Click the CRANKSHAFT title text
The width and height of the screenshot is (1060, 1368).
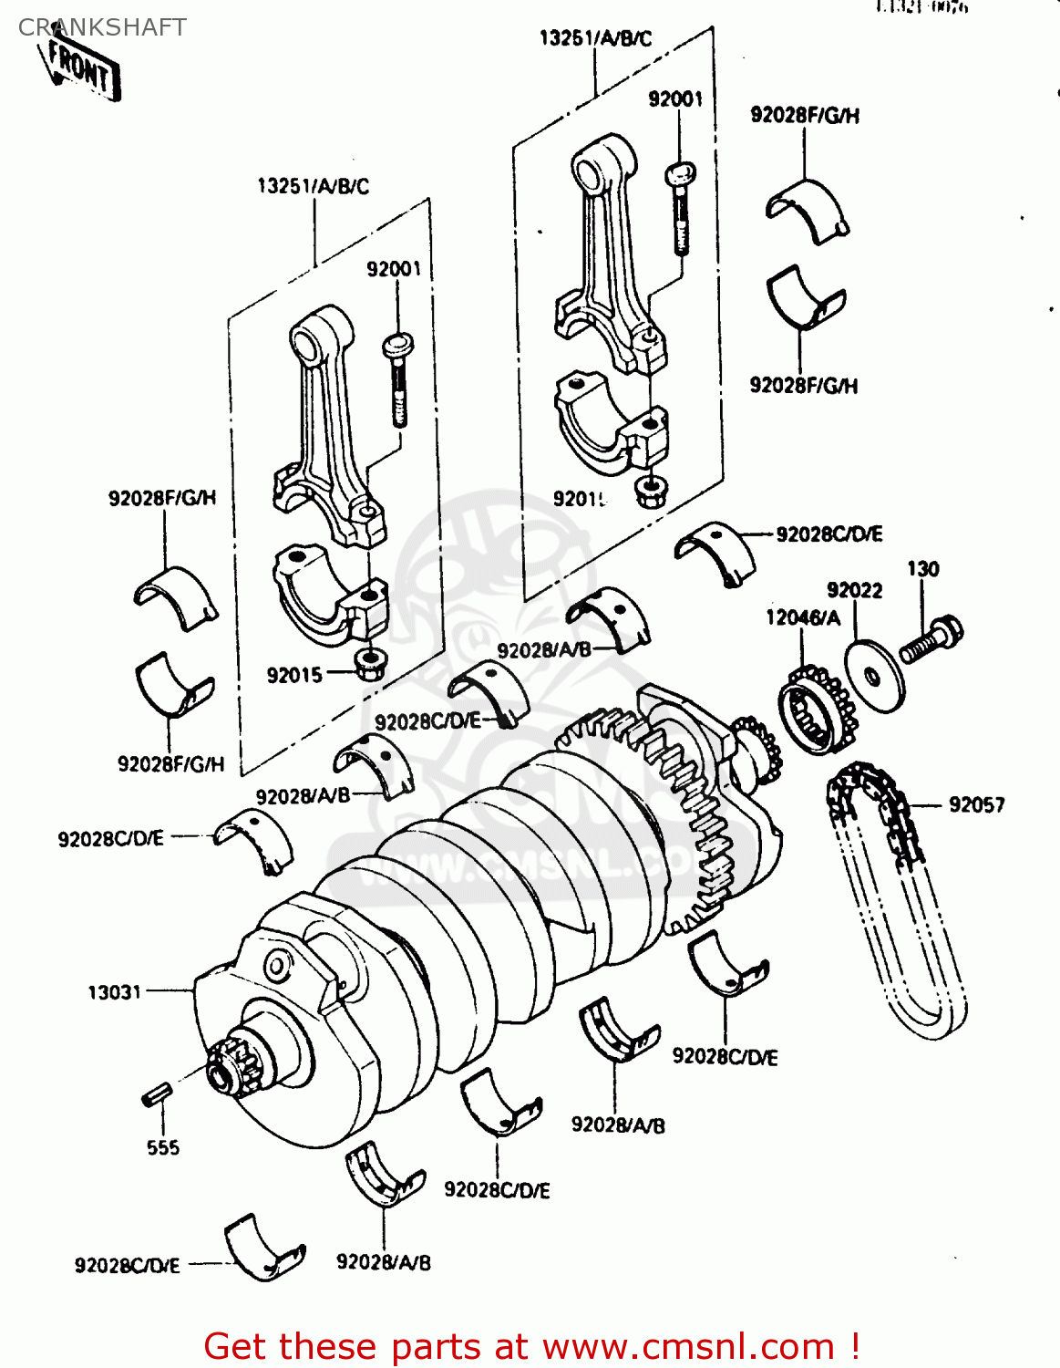point(102,27)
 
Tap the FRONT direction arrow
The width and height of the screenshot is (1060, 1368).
point(82,69)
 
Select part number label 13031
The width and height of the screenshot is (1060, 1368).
point(115,991)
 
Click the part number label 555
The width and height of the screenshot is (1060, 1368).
point(163,1147)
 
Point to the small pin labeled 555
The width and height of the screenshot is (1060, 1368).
point(157,1093)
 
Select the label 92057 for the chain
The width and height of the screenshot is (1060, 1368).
point(976,804)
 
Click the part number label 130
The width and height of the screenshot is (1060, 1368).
point(922,568)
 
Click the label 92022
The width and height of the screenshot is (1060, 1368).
point(854,590)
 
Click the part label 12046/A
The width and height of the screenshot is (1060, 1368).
point(802,617)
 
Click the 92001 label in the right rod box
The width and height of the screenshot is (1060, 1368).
point(675,98)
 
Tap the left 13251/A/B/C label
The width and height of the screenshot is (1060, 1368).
point(314,186)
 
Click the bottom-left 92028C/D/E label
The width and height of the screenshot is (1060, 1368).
point(127,1265)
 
